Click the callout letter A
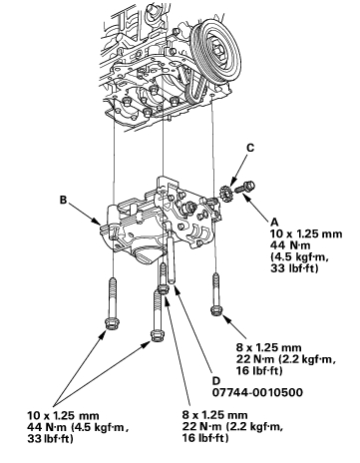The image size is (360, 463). coord(275,222)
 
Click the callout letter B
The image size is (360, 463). coord(63,200)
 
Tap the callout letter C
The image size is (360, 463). coord(250,148)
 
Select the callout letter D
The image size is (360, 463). coord(216,380)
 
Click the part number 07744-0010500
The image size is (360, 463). coord(257,392)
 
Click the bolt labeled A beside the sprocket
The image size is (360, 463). coord(244,187)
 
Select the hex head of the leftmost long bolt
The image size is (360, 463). coord(113,322)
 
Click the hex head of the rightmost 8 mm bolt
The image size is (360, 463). coord(216,310)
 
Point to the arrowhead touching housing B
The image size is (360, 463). coord(97,221)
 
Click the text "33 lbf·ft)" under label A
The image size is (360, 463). coord(294,268)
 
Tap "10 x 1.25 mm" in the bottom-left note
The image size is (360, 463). coord(63,416)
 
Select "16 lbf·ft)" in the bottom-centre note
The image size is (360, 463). coord(205,438)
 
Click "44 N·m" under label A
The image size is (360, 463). coord(290,245)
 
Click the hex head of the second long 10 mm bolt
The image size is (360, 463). coord(156,334)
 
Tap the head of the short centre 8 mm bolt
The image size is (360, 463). coord(163,288)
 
